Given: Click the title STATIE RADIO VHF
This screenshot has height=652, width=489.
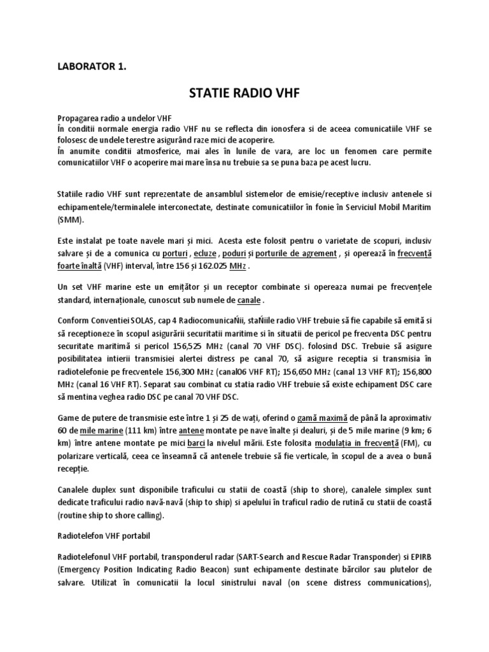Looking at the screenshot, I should coord(244,94).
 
